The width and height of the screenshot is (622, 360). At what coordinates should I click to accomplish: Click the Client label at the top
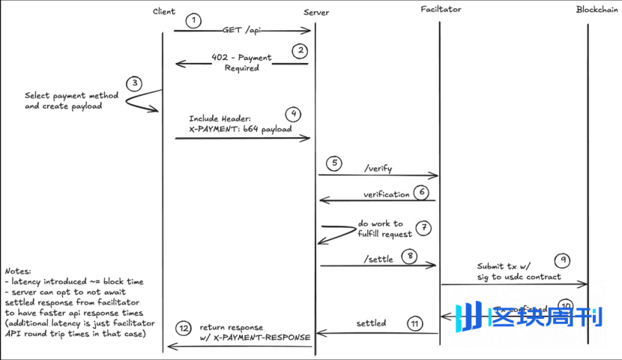coord(163,11)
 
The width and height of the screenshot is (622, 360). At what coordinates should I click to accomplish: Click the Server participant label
coord(316,13)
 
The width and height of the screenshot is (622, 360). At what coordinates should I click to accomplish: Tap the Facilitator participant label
coord(441,10)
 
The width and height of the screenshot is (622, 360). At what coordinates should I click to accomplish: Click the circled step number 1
coord(194,20)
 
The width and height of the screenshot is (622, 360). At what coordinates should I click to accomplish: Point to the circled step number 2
coord(300,51)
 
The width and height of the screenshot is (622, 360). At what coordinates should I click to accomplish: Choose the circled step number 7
coord(424,226)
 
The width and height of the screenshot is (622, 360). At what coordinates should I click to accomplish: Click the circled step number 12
coord(184,328)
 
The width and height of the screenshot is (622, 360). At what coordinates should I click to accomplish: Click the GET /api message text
coord(242,30)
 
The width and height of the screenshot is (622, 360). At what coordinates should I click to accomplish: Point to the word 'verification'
coord(387,194)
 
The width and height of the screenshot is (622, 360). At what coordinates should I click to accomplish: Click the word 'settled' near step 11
coord(371,323)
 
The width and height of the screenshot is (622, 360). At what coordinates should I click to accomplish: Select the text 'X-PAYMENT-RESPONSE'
coord(262,337)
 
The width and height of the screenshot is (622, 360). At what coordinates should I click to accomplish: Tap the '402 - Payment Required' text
coord(242,61)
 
